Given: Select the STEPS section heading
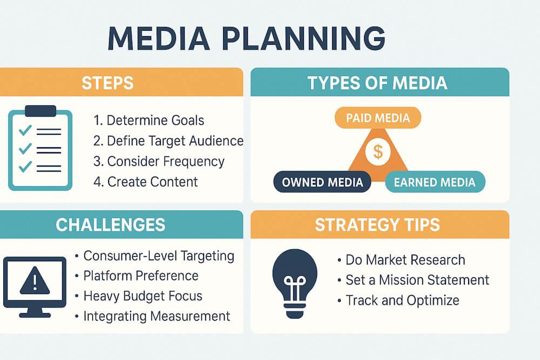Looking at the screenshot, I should [107, 83].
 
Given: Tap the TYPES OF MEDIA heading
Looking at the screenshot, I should [377, 83].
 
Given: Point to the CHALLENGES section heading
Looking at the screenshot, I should [111, 225].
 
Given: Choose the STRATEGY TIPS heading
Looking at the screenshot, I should [377, 225].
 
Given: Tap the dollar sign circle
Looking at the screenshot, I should [378, 152].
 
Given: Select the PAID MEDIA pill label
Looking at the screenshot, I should [378, 118].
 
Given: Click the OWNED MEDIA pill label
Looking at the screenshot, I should [322, 182].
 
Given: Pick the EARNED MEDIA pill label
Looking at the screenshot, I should [435, 182].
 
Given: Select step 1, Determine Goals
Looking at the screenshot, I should [148, 120].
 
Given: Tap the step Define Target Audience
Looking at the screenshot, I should [168, 141].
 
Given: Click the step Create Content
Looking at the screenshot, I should [146, 182].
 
